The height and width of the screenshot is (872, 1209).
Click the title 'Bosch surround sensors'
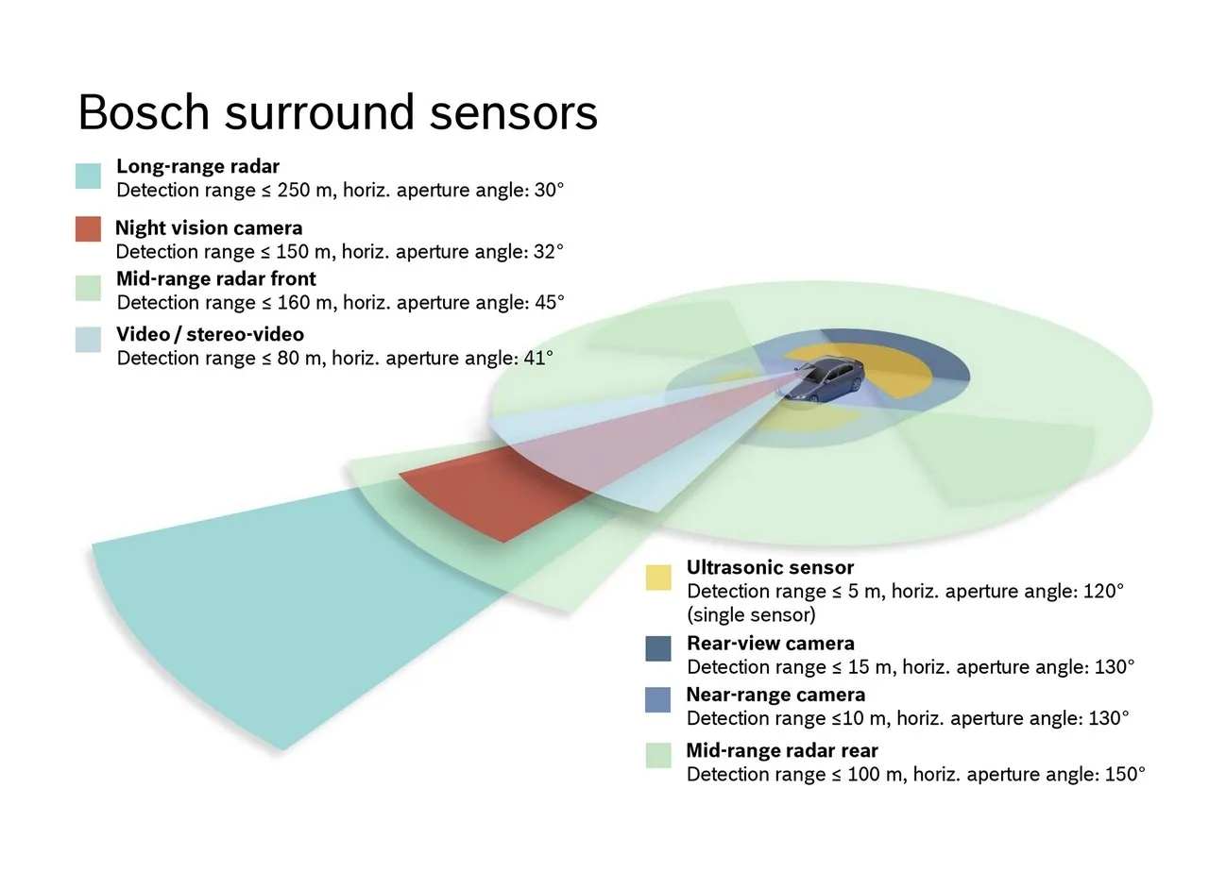point(337,113)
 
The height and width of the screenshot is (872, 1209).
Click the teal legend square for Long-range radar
point(88,176)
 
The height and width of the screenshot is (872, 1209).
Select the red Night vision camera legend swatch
point(88,228)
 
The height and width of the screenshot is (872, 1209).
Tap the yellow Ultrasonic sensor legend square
point(658,578)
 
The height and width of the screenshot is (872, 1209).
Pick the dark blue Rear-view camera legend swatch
point(658,648)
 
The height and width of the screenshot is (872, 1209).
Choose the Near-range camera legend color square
point(658,699)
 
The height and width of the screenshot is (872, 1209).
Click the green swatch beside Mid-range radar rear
point(658,755)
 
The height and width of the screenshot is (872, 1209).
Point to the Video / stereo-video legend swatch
point(88,340)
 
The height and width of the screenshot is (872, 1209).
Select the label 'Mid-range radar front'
point(216,279)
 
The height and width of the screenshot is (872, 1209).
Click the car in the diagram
point(821,379)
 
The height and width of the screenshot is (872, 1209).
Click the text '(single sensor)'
point(751,615)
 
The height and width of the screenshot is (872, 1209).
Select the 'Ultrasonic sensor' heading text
point(770,568)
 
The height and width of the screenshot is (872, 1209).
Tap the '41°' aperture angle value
point(536,359)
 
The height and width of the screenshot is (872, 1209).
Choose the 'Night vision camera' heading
point(209,228)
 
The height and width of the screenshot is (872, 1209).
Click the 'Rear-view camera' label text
point(771,644)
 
